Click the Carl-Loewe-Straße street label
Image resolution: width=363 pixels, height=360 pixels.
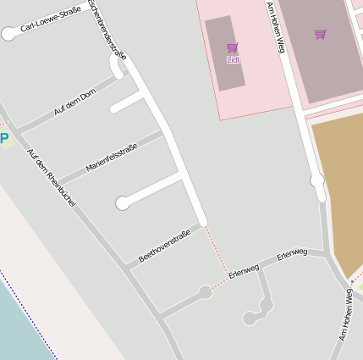pos(51,21)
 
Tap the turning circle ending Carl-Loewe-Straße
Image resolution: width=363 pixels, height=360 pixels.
pos(9,34)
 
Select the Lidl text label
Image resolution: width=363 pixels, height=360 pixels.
pos(234,60)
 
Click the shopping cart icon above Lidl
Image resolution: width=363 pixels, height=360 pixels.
pos(233,47)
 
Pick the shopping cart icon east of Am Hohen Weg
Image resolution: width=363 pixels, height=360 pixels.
pos(320,35)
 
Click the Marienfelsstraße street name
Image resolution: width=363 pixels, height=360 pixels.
pos(111,158)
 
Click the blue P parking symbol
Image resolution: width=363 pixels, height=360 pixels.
pos(4,138)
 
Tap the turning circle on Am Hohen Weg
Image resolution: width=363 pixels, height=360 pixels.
pos(317,180)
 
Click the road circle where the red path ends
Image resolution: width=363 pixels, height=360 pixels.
pos(205,292)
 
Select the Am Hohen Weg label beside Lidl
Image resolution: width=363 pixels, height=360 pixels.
pos(275,27)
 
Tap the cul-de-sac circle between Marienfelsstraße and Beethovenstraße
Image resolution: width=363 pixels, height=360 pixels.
pos(123,203)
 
